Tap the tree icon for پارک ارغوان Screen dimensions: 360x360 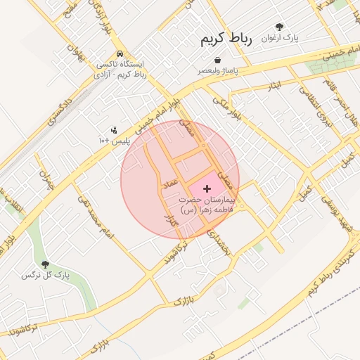[x=280, y=27]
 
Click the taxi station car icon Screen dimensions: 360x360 [x=120, y=53]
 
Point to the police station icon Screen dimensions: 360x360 [x=113, y=130]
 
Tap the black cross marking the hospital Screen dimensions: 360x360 [x=207, y=188]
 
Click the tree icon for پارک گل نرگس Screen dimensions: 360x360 [x=46, y=264]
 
